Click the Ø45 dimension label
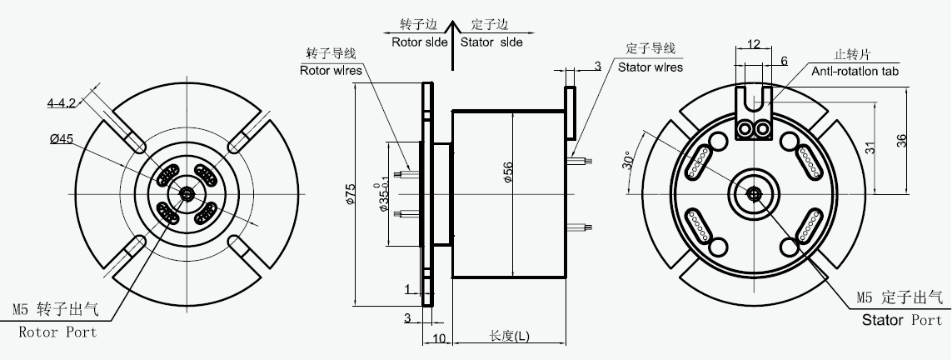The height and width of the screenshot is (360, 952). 63,139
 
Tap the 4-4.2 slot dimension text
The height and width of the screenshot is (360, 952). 62,103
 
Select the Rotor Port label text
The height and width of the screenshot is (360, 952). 57,332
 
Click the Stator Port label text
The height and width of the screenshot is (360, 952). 902,320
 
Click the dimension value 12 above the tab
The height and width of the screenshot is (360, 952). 753,43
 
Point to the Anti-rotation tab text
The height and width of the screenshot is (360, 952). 855,72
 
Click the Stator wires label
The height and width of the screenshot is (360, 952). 650,67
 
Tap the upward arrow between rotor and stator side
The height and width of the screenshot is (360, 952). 451,46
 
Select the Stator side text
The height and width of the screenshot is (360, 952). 491,42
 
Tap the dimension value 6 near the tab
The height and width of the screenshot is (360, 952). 784,61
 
